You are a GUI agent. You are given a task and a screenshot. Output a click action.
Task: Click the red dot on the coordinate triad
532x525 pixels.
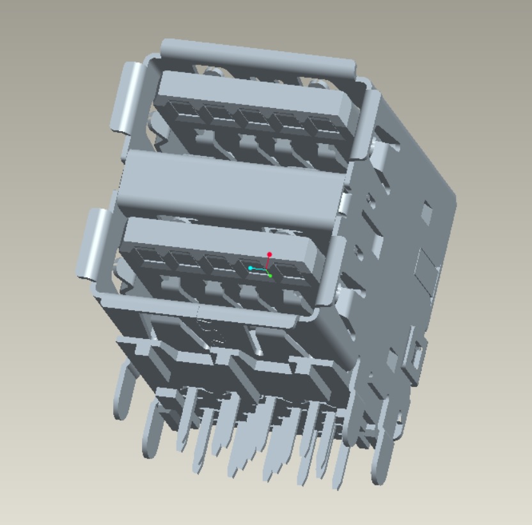269,255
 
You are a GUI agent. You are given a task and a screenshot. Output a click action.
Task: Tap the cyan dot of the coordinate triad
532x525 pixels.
251,268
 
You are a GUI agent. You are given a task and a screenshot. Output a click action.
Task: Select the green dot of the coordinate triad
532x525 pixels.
270,276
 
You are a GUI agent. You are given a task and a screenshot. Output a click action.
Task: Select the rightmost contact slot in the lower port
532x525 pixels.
292,271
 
